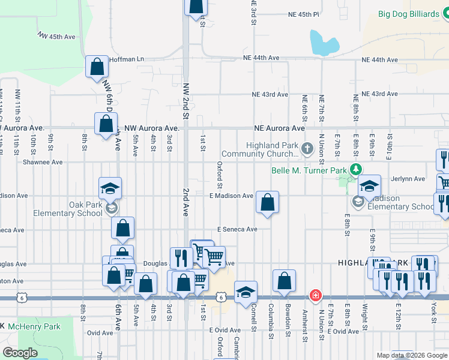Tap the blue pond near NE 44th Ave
tap(323, 43)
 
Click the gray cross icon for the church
tap(307, 148)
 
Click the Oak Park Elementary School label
tap(77, 209)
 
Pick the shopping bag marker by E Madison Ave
tap(268, 202)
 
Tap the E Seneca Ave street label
tap(237, 229)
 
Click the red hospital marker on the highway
tap(315, 296)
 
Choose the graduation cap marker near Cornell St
tap(246, 293)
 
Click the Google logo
tap(20, 353)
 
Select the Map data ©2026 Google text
tap(411, 355)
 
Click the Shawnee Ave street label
tap(43, 162)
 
